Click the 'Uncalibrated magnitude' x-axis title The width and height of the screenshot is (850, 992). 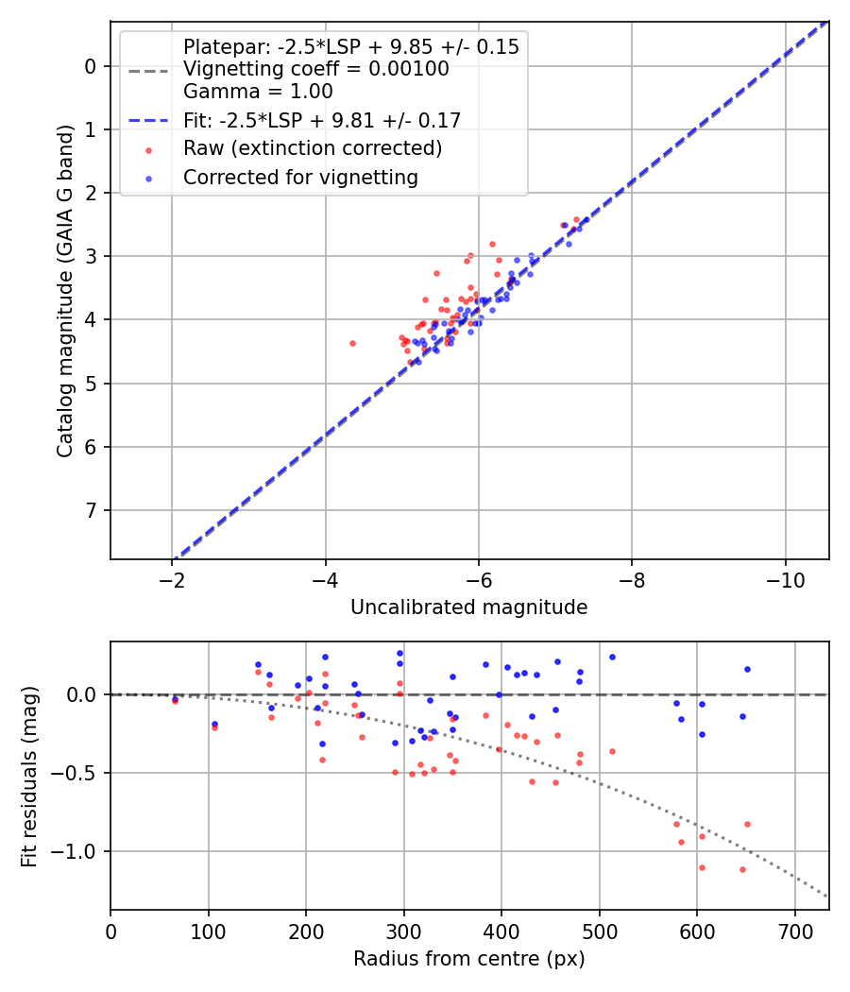[x=468, y=607]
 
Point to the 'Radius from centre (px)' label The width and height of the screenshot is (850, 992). [x=468, y=959]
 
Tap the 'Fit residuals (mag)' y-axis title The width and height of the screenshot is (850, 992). [x=29, y=777]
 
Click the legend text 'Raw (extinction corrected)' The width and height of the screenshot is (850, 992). [x=313, y=148]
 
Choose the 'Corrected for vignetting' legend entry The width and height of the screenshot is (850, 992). [x=300, y=177]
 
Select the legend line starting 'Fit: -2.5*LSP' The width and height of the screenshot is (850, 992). [x=321, y=120]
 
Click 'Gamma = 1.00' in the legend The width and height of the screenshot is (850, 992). [x=258, y=92]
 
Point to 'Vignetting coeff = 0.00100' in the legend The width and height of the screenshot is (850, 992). [x=315, y=69]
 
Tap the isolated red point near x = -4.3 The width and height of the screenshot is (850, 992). [x=352, y=343]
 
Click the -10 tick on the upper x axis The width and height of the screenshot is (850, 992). [x=785, y=575]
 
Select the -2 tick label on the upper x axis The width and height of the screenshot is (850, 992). [x=172, y=575]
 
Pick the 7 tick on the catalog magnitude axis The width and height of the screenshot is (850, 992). [x=91, y=511]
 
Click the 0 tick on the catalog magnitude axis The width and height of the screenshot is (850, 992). [x=91, y=66]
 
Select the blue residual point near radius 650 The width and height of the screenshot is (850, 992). [x=747, y=669]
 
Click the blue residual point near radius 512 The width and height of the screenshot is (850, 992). [x=612, y=657]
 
